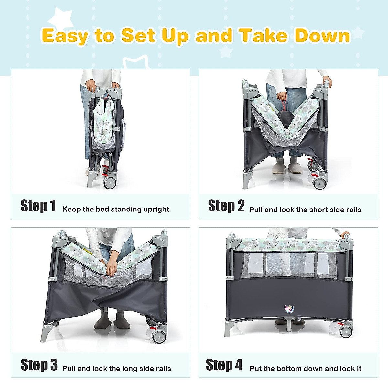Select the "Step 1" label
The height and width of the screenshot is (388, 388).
(x=38, y=206)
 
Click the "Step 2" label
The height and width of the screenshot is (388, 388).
(x=226, y=206)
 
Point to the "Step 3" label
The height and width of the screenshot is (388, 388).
(x=39, y=365)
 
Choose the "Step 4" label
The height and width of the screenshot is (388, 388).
(x=224, y=365)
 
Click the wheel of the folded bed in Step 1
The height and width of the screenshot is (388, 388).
(x=110, y=183)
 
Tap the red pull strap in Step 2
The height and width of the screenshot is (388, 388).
(x=284, y=105)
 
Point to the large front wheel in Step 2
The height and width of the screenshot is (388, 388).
(x=320, y=183)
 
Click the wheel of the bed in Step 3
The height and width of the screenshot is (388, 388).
(x=159, y=337)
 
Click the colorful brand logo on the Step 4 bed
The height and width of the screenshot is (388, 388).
(x=289, y=309)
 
